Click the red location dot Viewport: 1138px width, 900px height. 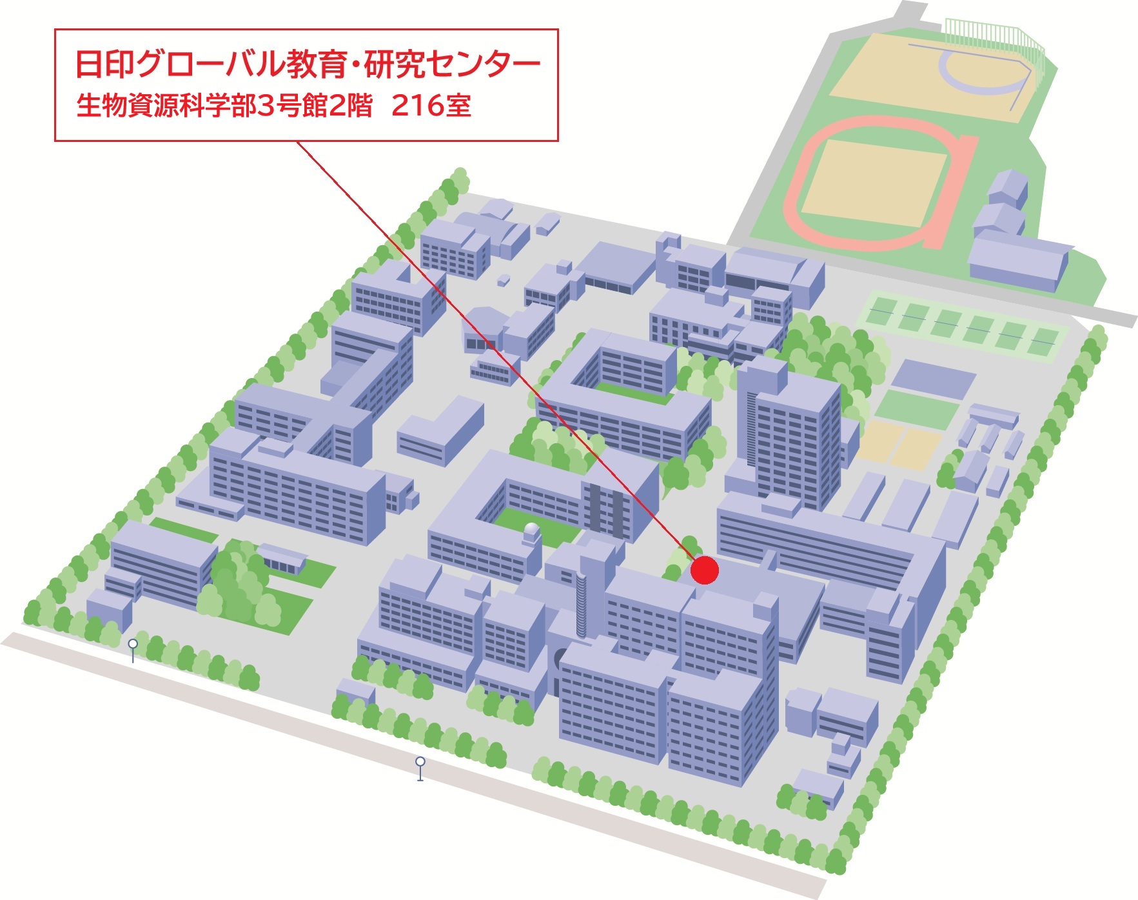[704, 570]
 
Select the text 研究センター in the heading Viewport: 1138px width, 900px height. [452, 65]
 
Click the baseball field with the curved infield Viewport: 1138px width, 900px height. [935, 77]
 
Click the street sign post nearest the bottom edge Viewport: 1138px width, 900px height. [420, 768]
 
